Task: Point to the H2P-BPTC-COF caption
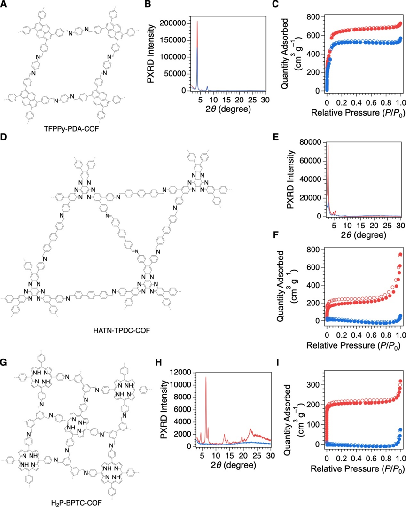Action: pyautogui.click(x=77, y=503)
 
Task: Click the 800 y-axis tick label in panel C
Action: pyautogui.click(x=313, y=17)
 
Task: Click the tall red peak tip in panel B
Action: pyautogui.click(x=197, y=21)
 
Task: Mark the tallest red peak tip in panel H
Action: pyautogui.click(x=206, y=377)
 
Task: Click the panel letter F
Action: pyautogui.click(x=275, y=235)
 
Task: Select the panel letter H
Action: pyautogui.click(x=159, y=362)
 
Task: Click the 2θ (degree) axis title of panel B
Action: pyautogui.click(x=228, y=109)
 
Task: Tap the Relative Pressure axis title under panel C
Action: pyautogui.click(x=358, y=112)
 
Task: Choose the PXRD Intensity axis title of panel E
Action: pyautogui.click(x=290, y=179)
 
